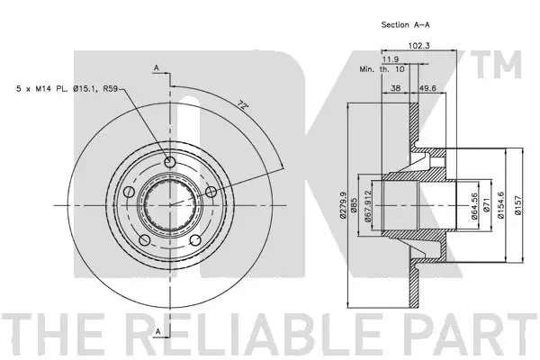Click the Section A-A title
(x=405, y=25)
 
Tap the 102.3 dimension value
(x=418, y=46)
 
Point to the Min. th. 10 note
(x=382, y=69)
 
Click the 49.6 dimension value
(x=427, y=88)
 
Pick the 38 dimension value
(x=396, y=88)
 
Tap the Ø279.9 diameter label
(x=343, y=205)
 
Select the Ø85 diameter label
(x=354, y=205)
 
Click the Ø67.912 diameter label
(x=368, y=206)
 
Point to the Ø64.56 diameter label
(x=474, y=206)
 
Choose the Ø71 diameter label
(x=486, y=206)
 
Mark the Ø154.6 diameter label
(x=500, y=205)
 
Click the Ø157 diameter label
(x=518, y=205)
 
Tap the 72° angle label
(x=243, y=105)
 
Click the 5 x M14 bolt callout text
(x=67, y=89)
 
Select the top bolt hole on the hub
(x=170, y=162)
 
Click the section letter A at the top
(x=157, y=67)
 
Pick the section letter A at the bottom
(x=158, y=331)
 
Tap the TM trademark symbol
(x=497, y=64)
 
